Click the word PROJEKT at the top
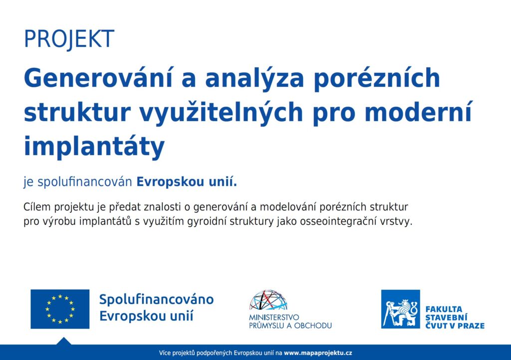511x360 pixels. pyautogui.click(x=69, y=39)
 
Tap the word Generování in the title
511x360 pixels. pyautogui.click(x=98, y=78)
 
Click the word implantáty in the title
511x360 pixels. pyautogui.click(x=94, y=147)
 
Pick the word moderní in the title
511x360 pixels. pyautogui.click(x=418, y=112)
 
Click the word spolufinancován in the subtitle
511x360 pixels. pyautogui.click(x=85, y=182)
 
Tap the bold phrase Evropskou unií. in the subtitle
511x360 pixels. pyautogui.click(x=187, y=181)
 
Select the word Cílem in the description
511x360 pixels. pyautogui.click(x=37, y=207)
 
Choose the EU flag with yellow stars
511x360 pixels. pyautogui.click(x=60, y=309)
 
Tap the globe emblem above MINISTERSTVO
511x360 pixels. pyautogui.click(x=268, y=300)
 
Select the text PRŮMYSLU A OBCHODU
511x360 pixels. pyautogui.click(x=290, y=326)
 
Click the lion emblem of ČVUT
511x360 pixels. pyautogui.click(x=401, y=309)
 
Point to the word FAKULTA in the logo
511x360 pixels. pyautogui.click(x=444, y=309)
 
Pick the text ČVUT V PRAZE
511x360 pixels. pyautogui.click(x=455, y=326)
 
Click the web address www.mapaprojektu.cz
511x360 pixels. pyautogui.click(x=318, y=353)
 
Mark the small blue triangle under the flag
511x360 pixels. pyautogui.click(x=64, y=342)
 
